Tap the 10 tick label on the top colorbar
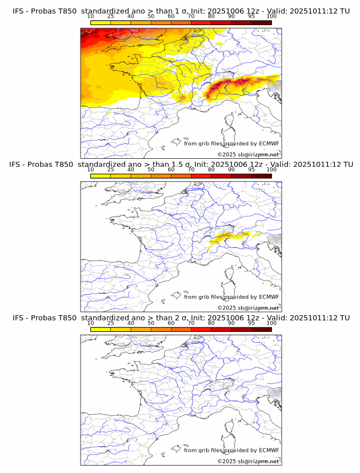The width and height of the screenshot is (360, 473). coord(90,17)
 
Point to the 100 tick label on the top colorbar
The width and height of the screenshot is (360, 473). coord(271,17)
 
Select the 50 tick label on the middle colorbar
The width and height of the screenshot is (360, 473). coord(151,170)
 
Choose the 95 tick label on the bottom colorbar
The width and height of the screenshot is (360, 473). coord(251,323)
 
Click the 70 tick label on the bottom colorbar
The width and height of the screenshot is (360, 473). coord(191,323)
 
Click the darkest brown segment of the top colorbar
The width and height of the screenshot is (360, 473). coord(261,22)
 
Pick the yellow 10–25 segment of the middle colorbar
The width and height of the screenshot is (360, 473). coord(100,176)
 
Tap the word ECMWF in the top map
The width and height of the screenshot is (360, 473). coord(269,144)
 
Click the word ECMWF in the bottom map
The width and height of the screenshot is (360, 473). coord(269,450)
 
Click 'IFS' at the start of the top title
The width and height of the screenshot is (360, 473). coord(19,11)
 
